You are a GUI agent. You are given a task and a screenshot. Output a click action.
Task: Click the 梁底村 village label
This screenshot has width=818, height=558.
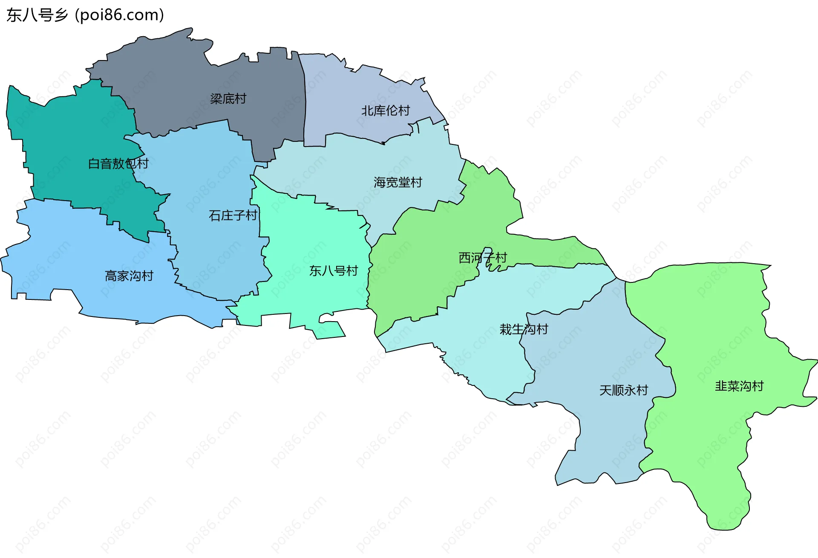(x=228, y=99)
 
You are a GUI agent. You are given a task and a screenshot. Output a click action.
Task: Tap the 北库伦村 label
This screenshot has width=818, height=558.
(x=385, y=111)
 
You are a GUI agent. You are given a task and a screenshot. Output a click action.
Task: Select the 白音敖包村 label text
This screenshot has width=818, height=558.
(x=118, y=164)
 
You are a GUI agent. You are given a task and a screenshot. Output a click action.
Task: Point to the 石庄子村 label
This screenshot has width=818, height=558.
(x=233, y=216)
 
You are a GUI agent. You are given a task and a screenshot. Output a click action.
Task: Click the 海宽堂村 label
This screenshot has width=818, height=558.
(x=397, y=182)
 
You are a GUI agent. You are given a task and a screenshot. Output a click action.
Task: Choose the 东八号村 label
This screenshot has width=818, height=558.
(x=333, y=270)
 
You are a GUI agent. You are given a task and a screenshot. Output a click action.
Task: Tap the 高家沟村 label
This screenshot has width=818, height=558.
(x=129, y=276)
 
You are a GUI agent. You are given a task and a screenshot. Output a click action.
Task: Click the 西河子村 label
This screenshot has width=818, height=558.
(x=482, y=258)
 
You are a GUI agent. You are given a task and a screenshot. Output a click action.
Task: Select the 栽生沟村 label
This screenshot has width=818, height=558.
(x=524, y=329)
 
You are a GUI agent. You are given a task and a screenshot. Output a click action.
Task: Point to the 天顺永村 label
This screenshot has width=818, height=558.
(x=623, y=390)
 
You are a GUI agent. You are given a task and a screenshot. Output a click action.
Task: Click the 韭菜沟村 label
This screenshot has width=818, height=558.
(x=739, y=386)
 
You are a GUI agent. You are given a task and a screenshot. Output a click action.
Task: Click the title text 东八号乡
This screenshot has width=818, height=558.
(x=37, y=15)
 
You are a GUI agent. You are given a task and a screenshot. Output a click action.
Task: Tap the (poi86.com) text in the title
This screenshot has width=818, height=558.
(x=120, y=15)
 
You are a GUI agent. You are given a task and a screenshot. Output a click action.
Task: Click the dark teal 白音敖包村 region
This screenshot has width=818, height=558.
(x=64, y=136)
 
